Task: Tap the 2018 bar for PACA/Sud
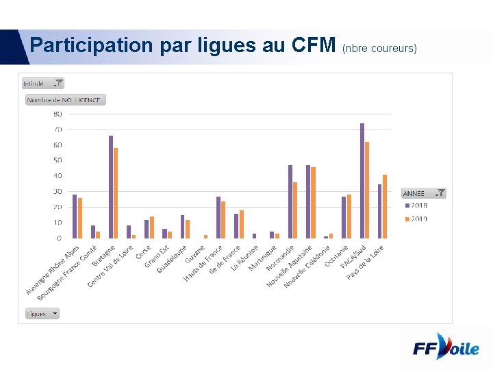(362, 181)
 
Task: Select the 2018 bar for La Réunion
(255, 236)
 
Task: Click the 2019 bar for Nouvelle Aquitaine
(314, 203)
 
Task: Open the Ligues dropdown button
(42, 313)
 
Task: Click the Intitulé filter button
(42, 83)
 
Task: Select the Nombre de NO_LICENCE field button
(66, 100)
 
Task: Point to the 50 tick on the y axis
(58, 160)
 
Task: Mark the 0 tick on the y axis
(59, 238)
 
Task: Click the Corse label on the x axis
(144, 252)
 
